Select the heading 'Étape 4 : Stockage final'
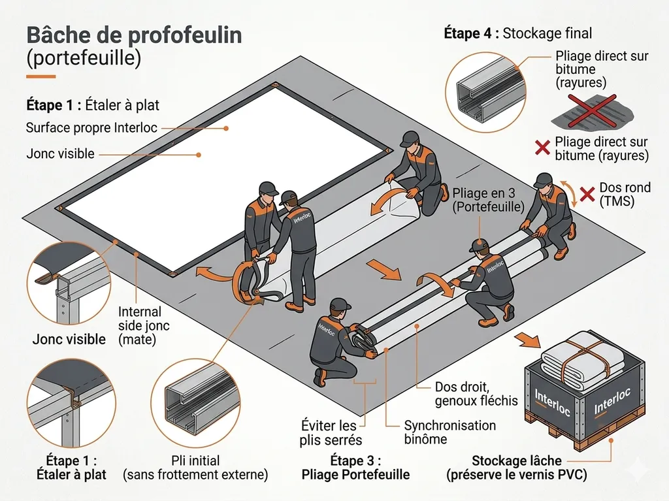tap(517, 33)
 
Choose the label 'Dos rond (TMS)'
tap(625, 195)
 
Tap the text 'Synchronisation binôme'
tap(449, 432)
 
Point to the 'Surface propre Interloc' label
tap(91, 128)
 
